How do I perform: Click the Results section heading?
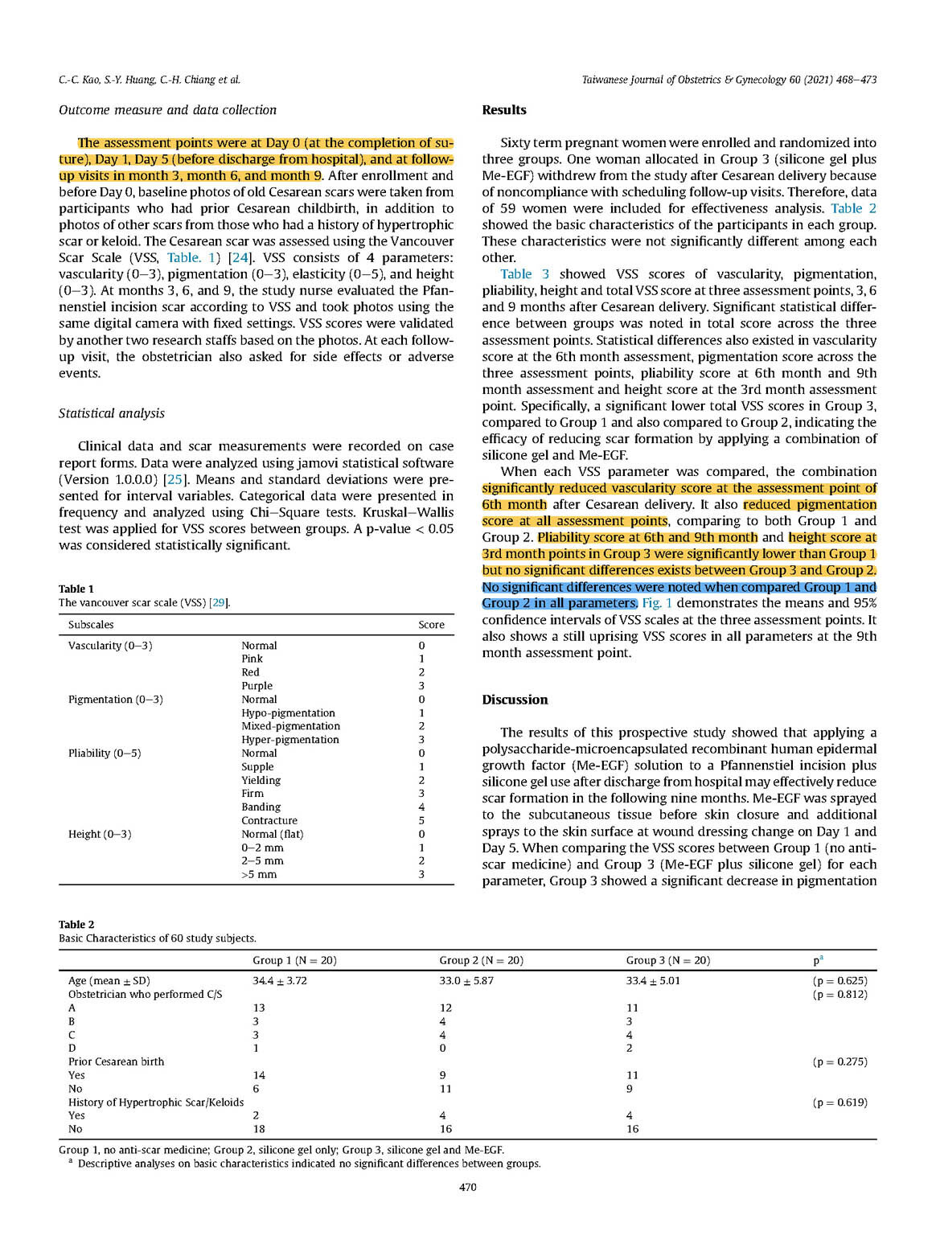click(x=504, y=110)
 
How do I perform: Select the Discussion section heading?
click(x=515, y=700)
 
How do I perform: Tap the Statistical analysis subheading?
click(x=111, y=413)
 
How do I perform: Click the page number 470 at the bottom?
click(x=467, y=1187)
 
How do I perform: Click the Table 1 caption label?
click(x=76, y=589)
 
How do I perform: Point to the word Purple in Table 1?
click(x=257, y=686)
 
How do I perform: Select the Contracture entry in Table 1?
click(x=269, y=820)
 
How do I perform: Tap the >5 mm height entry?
click(x=259, y=874)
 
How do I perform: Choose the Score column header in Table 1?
click(x=431, y=625)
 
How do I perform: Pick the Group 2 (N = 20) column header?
click(x=481, y=960)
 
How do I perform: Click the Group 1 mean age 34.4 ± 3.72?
click(x=280, y=981)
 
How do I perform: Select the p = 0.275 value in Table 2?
click(x=840, y=1061)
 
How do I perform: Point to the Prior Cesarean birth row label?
click(x=116, y=1061)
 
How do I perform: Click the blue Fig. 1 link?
click(x=657, y=603)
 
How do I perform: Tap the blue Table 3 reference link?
click(x=524, y=274)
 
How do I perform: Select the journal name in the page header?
click(x=729, y=80)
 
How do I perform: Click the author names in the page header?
click(x=149, y=80)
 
